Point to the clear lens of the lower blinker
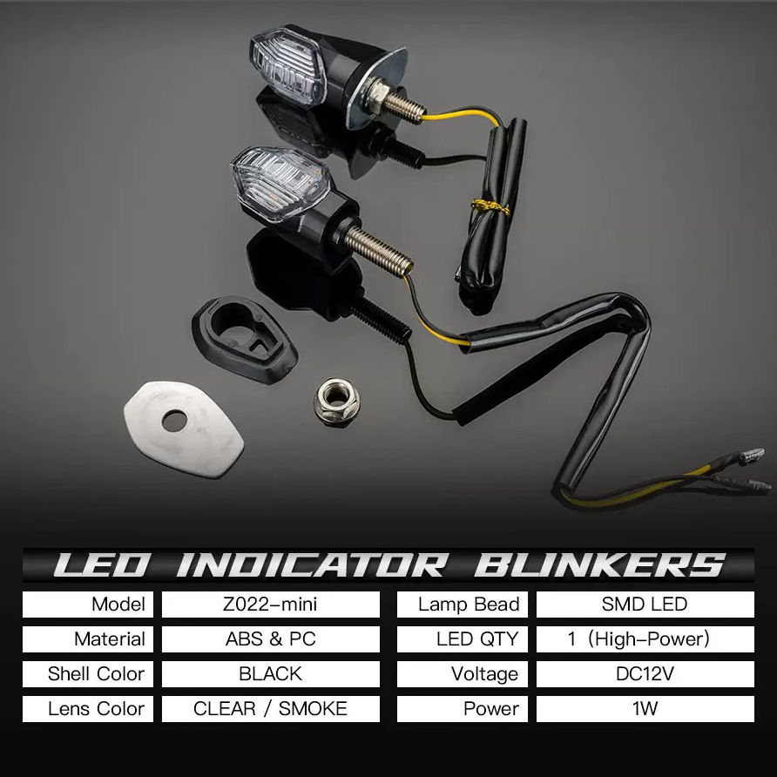[x=280, y=185]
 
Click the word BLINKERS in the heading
[x=600, y=565]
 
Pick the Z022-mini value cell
[x=271, y=605]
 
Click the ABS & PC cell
[x=271, y=639]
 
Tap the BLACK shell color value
[x=271, y=674]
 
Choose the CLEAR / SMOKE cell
[x=271, y=708]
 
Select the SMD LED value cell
[x=645, y=605]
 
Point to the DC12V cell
[x=645, y=674]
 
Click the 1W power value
[x=645, y=708]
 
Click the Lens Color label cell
[x=88, y=708]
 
